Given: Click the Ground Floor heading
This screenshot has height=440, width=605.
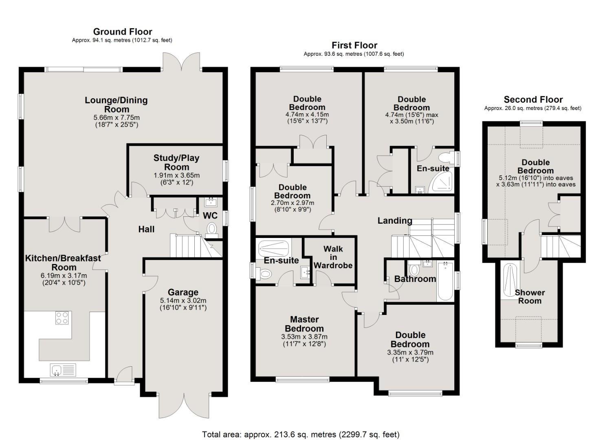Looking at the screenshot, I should (x=122, y=32).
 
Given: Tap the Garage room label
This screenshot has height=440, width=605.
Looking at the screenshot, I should (x=183, y=292).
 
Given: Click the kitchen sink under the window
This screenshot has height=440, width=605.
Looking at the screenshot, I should (x=57, y=370).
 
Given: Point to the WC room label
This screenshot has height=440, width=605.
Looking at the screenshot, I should (x=210, y=216).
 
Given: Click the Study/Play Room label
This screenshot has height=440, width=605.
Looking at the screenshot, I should (x=176, y=162).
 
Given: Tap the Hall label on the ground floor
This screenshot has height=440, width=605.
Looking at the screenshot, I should (x=146, y=229).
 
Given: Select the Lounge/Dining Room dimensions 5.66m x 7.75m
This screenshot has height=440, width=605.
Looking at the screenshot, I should (x=116, y=118).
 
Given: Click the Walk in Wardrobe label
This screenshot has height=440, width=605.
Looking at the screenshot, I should (x=333, y=257).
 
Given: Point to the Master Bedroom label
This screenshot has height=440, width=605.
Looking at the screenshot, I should (x=304, y=324).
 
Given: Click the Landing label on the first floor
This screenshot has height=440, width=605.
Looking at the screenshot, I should (x=395, y=221).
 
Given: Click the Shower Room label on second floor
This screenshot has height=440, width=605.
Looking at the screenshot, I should (x=530, y=297).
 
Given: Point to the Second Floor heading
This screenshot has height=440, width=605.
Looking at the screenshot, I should (x=533, y=100).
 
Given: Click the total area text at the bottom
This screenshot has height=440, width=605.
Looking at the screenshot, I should (x=301, y=434).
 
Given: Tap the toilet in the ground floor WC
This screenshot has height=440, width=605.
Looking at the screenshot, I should (x=212, y=229).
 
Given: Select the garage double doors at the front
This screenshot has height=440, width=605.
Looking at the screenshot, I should (x=184, y=405).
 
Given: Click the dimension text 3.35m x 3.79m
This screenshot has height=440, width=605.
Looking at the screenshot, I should (x=410, y=352).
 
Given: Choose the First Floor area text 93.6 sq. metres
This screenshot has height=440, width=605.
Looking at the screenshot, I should (x=354, y=54).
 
